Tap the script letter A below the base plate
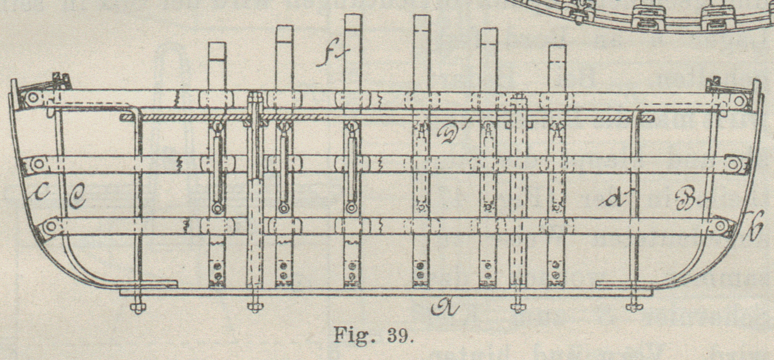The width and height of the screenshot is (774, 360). [x=445, y=307]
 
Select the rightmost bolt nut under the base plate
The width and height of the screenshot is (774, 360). [x=634, y=307]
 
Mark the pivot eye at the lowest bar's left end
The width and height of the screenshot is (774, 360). [x=50, y=226]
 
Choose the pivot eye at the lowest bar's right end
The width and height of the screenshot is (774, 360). [x=719, y=226]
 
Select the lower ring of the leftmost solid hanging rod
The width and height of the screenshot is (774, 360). [x=217, y=208]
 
